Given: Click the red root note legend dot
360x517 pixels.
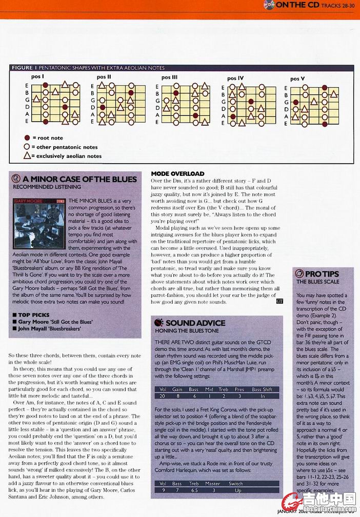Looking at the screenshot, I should [x=27, y=138].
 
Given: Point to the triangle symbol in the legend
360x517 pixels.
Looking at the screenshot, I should [x=27, y=155].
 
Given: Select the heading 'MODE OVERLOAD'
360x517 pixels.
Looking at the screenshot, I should [x=177, y=173].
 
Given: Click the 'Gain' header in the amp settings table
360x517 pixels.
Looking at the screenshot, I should [x=177, y=389].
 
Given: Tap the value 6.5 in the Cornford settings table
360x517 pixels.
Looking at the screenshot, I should [x=194, y=490].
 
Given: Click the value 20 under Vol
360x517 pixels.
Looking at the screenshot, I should [x=162, y=396].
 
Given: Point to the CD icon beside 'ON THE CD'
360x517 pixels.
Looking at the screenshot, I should [x=269, y=5].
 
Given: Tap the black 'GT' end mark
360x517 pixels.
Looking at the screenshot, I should [x=279, y=301].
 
